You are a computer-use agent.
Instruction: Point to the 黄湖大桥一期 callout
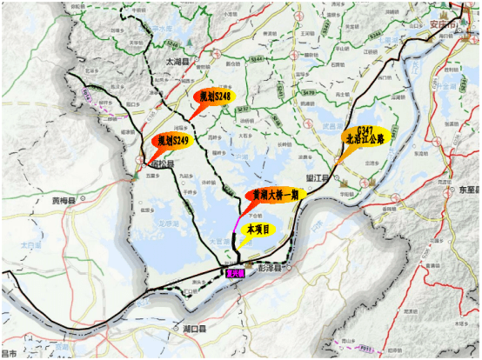pyautogui.click(x=271, y=196)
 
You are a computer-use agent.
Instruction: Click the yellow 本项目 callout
pyautogui.click(x=259, y=229)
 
